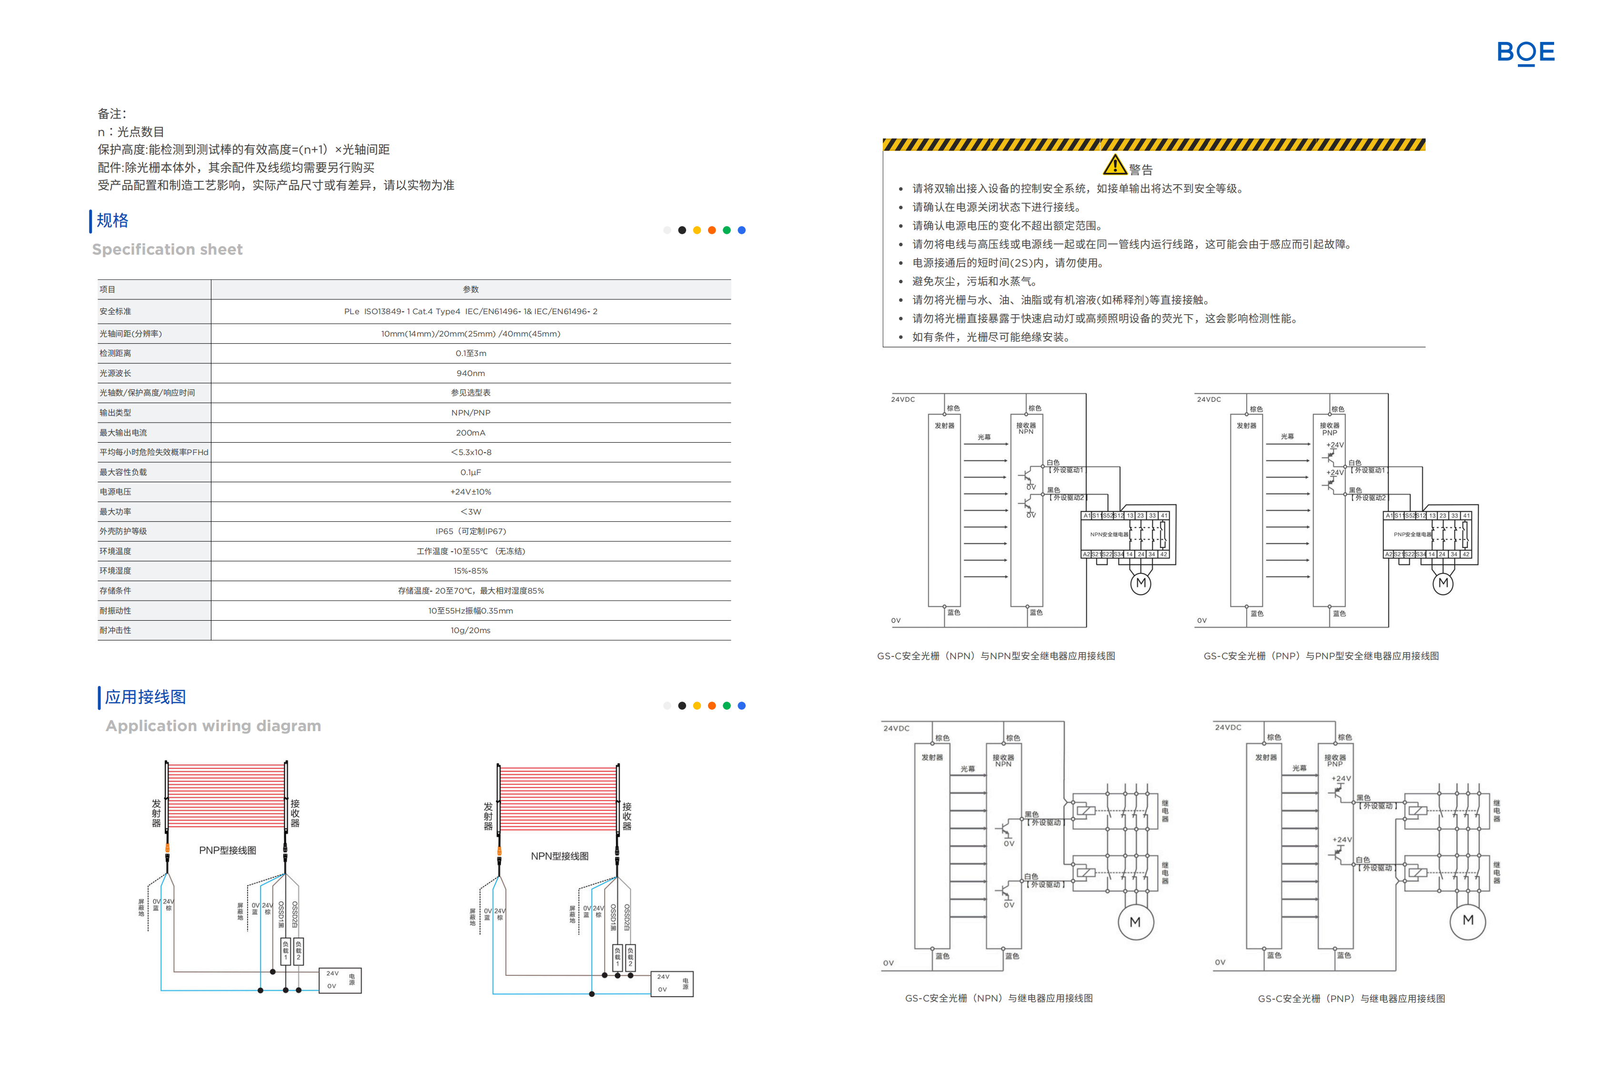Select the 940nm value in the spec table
tap(471, 373)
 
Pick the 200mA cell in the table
tap(471, 433)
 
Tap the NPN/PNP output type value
tap(471, 413)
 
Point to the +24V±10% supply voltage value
tap(471, 492)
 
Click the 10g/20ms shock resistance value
tap(471, 631)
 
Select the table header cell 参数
tap(471, 289)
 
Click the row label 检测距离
tap(115, 353)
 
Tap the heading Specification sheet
tap(167, 249)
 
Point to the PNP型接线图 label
tap(228, 851)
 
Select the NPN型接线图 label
tap(559, 856)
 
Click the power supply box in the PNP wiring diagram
tap(340, 981)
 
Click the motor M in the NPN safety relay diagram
tap(1141, 583)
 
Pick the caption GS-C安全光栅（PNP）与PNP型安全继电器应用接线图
tap(1321, 656)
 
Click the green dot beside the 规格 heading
tap(726, 230)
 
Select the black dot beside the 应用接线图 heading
tap(682, 705)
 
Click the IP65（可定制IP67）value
tap(471, 531)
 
